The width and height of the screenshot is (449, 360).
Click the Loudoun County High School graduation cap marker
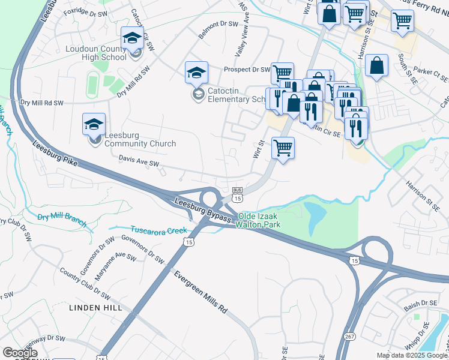pyautogui.click(x=132, y=38)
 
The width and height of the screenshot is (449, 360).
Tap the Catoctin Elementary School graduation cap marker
pyautogui.click(x=196, y=73)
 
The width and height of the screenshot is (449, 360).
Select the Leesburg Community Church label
pyautogui.click(x=140, y=139)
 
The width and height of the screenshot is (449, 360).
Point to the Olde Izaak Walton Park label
pyautogui.click(x=259, y=220)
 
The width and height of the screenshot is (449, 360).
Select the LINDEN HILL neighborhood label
pyautogui.click(x=95, y=308)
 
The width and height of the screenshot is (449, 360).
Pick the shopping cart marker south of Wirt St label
pyautogui.click(x=283, y=147)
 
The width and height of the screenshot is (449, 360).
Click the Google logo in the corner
pyautogui.click(x=19, y=353)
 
